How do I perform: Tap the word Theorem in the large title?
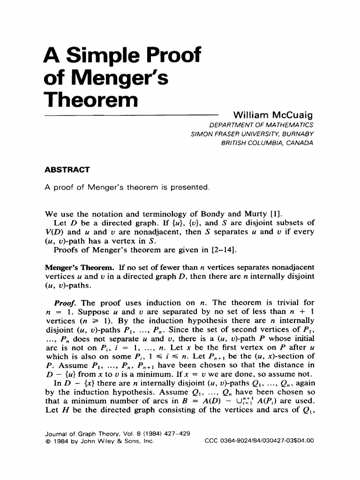coord(90,99)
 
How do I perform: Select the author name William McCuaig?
coord(273,115)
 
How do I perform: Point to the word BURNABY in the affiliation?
coord(296,134)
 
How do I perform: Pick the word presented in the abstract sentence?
coord(186,187)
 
